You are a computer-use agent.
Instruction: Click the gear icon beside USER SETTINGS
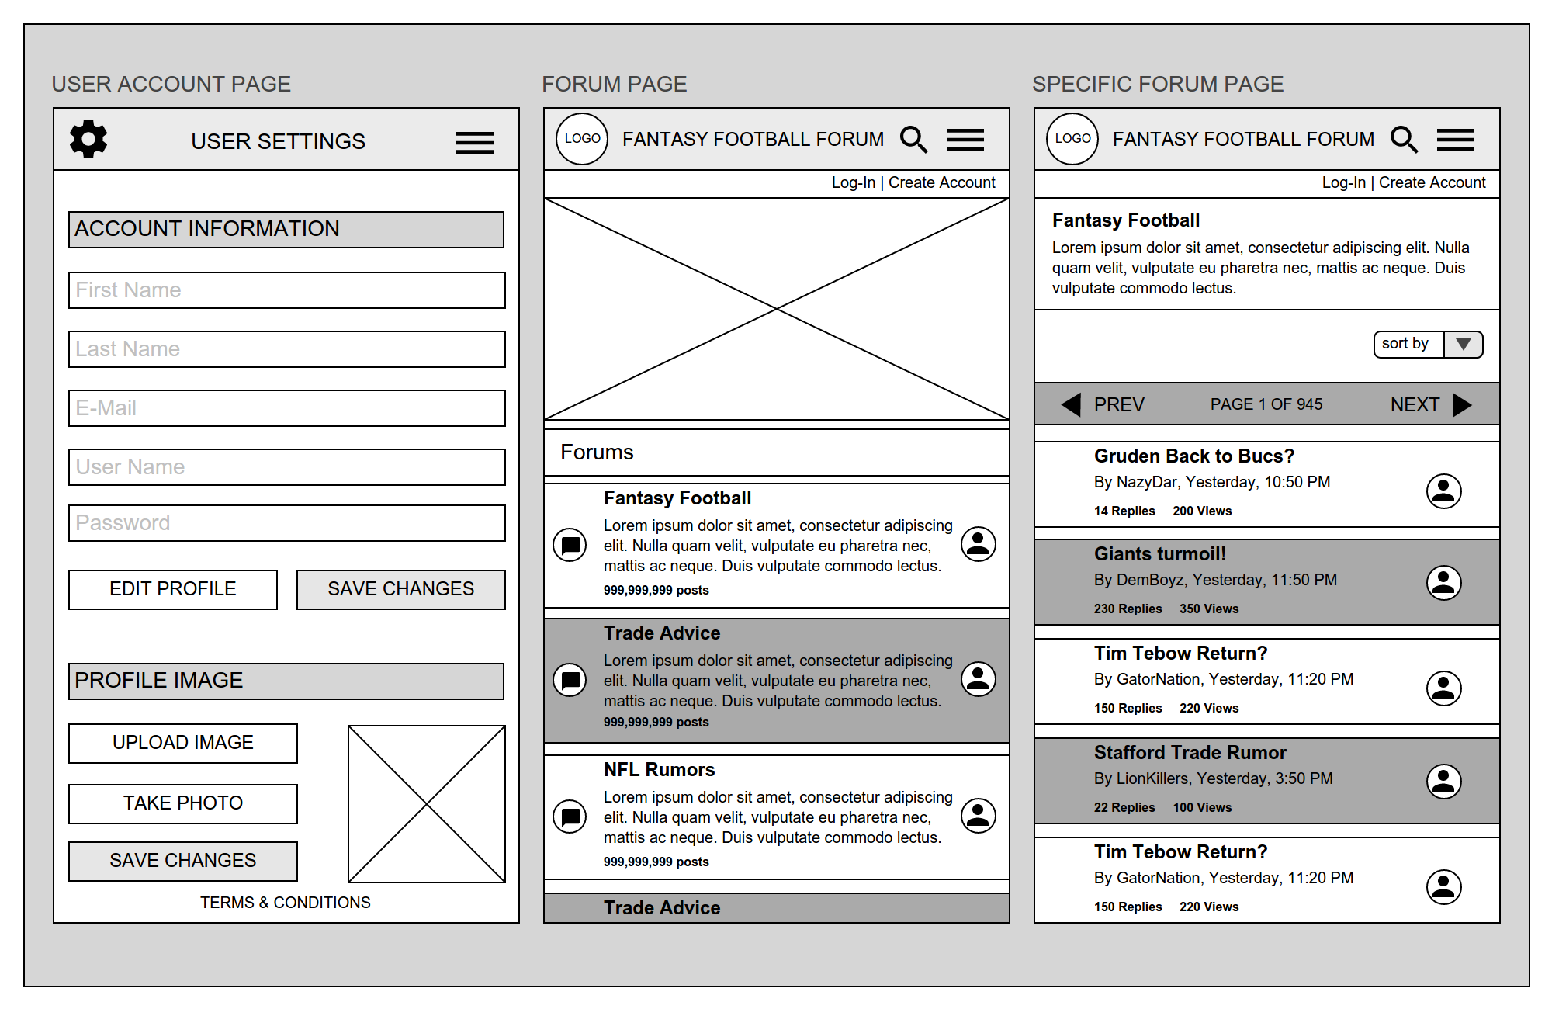point(88,140)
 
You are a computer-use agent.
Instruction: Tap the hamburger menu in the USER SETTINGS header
point(474,142)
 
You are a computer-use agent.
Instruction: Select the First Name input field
point(286,290)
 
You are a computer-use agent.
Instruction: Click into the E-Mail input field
point(286,408)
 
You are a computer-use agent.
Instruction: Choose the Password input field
point(286,523)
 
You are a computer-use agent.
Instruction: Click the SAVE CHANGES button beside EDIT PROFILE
point(400,589)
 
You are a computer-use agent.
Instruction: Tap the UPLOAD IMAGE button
point(183,743)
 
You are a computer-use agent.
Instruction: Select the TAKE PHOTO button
point(183,803)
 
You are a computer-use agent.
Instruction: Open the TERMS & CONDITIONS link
point(286,903)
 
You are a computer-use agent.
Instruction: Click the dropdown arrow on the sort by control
point(1464,344)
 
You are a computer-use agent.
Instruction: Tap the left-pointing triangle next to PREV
point(1072,404)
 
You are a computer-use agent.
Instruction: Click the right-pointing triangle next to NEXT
point(1461,404)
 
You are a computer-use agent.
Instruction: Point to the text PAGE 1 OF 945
point(1266,404)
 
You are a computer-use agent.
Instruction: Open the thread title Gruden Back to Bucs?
point(1194,456)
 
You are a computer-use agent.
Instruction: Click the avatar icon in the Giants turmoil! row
point(1443,583)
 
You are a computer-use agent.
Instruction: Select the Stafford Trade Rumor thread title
point(1190,753)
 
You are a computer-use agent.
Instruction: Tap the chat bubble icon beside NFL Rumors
point(570,816)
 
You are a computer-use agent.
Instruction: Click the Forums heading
point(597,452)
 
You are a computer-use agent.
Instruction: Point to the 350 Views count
point(1209,609)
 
